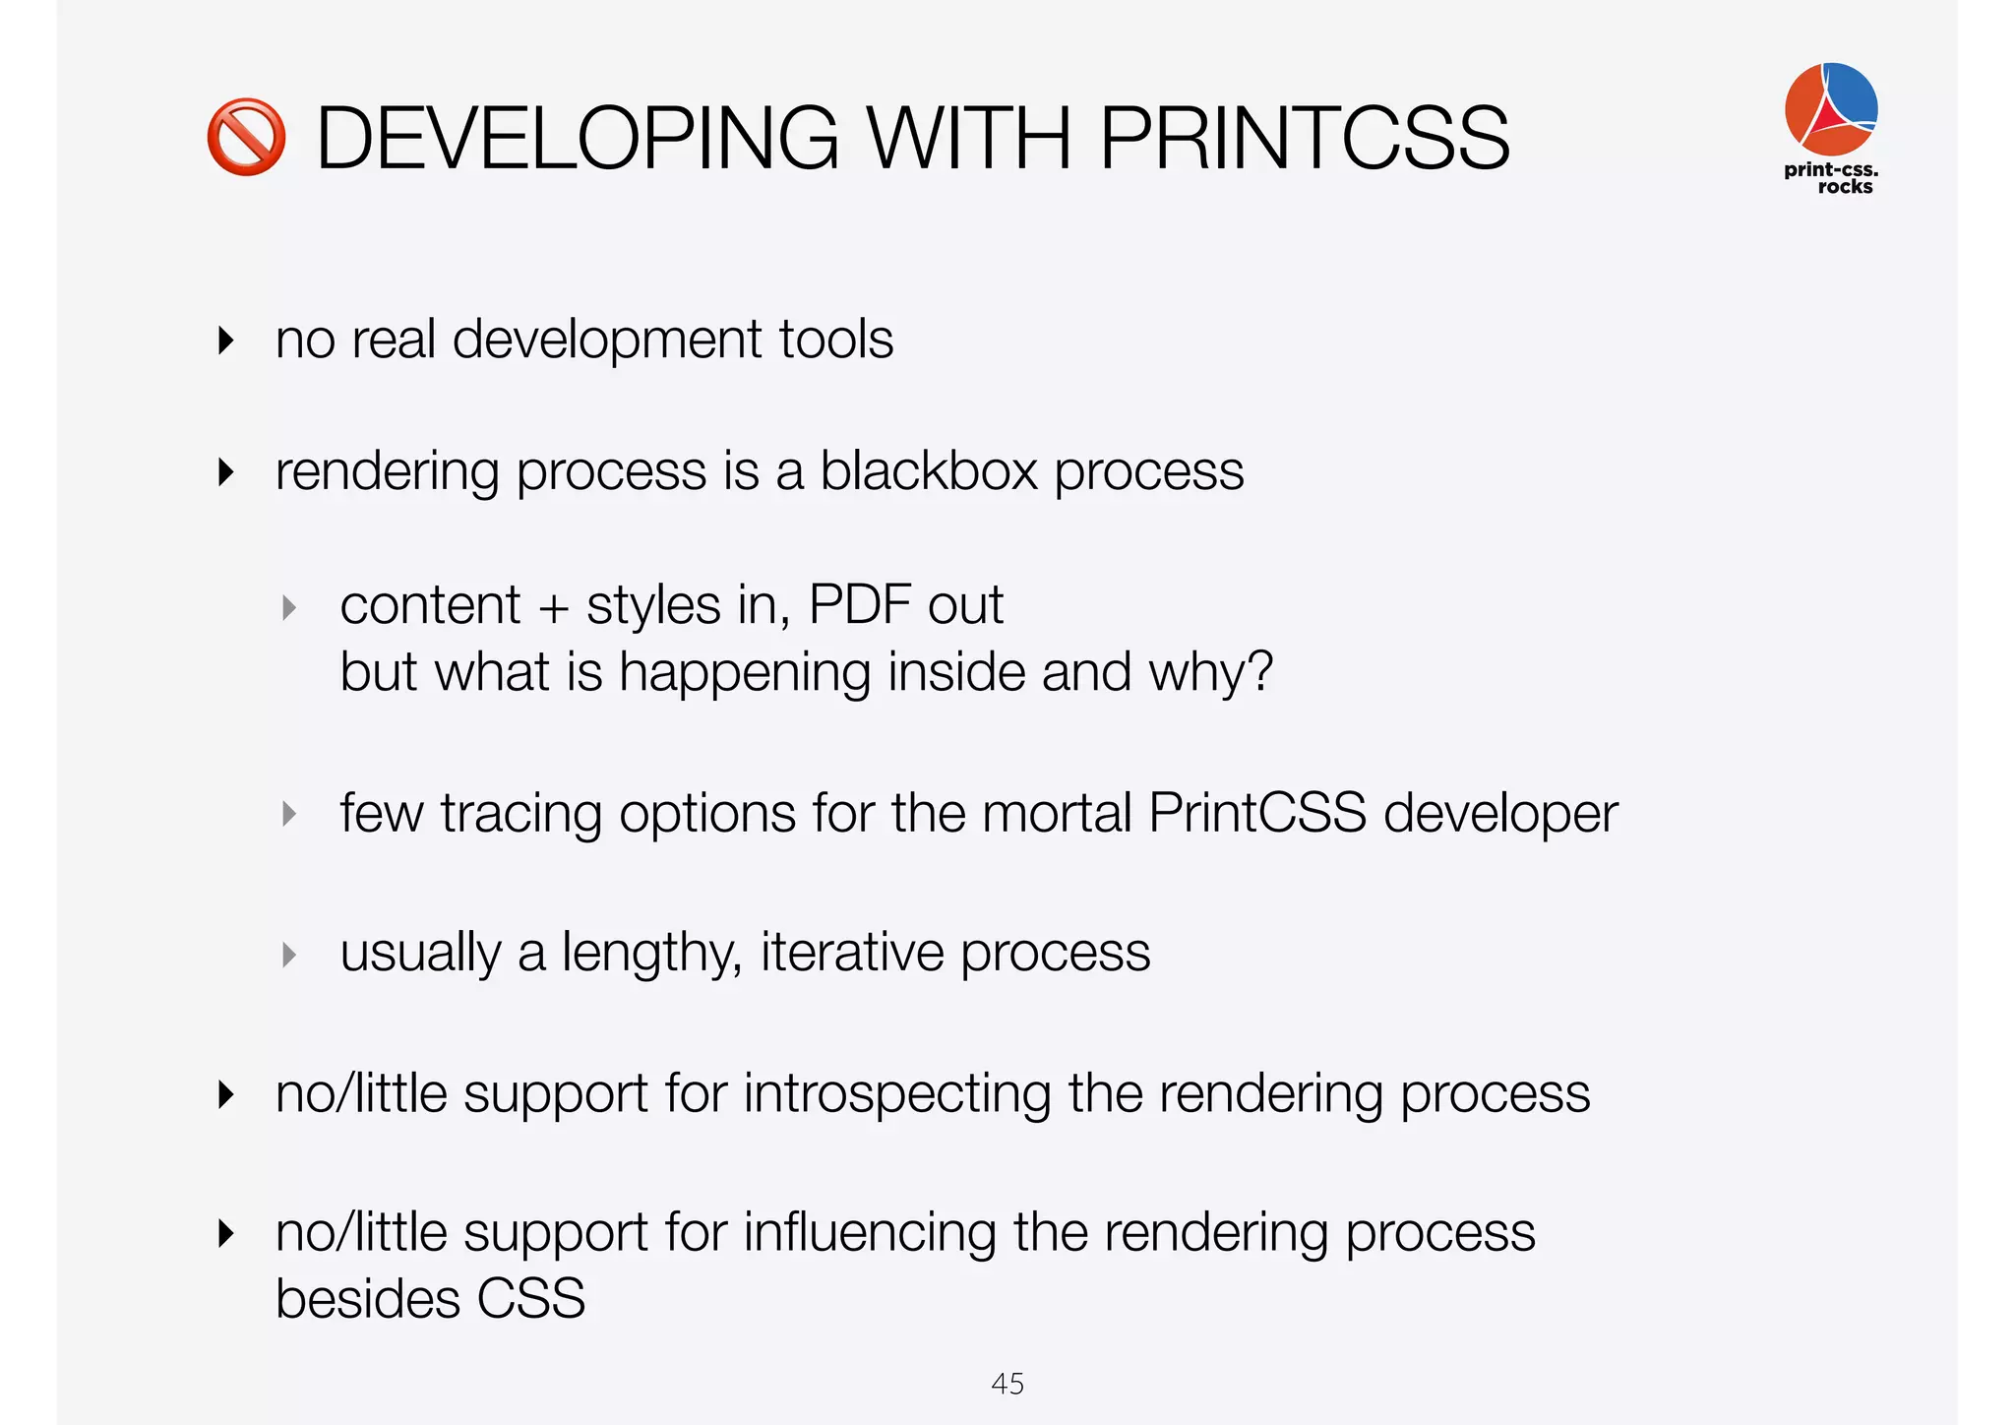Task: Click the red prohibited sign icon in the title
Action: pos(246,138)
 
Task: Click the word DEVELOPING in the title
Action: pos(577,139)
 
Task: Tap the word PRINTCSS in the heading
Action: pos(1304,139)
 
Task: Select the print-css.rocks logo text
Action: pos(1832,178)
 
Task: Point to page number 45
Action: pos(1007,1384)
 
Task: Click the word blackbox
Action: pos(929,470)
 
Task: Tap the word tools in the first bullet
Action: pos(835,340)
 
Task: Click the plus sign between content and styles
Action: pos(554,607)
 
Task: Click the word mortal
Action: pos(1057,814)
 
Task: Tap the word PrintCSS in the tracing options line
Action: pos(1256,814)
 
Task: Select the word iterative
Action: pos(852,953)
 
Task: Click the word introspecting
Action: pos(896,1094)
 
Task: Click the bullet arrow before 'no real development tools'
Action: pos(226,341)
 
